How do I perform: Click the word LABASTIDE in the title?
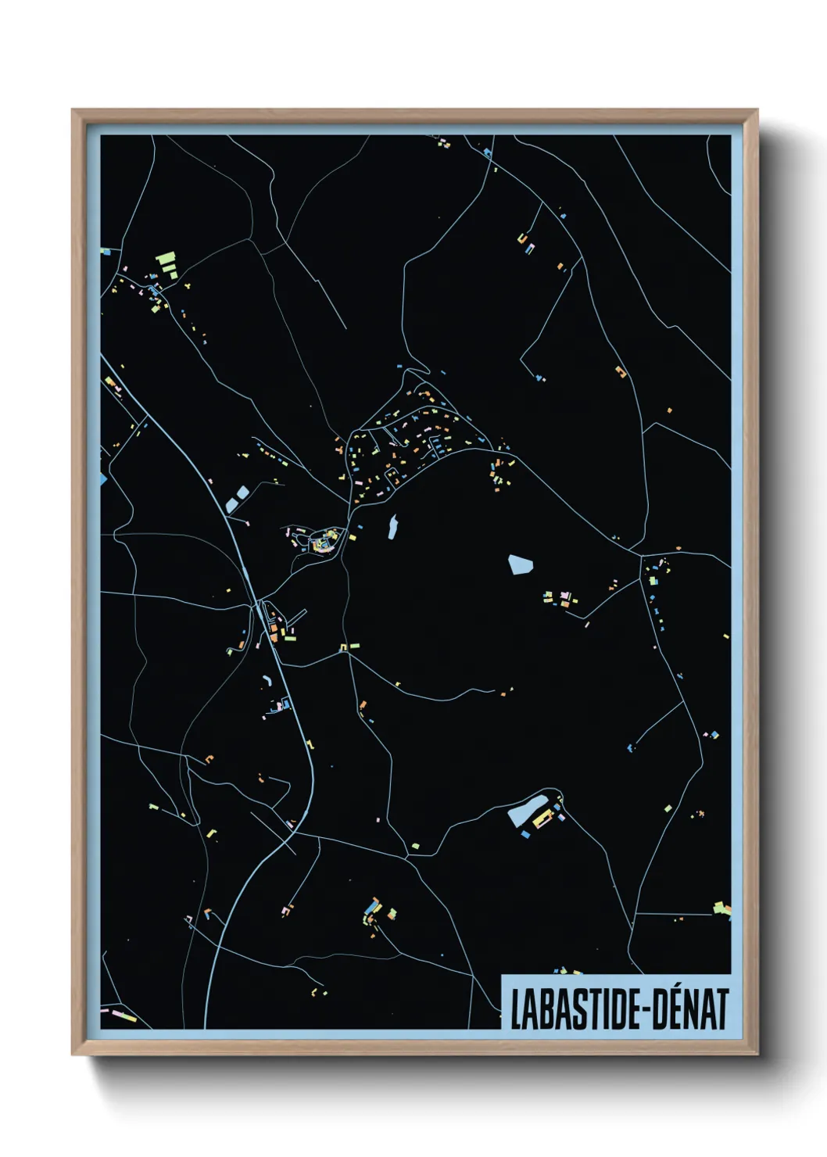point(574,1009)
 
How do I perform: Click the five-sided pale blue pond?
point(520,564)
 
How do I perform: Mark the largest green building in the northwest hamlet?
point(166,258)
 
